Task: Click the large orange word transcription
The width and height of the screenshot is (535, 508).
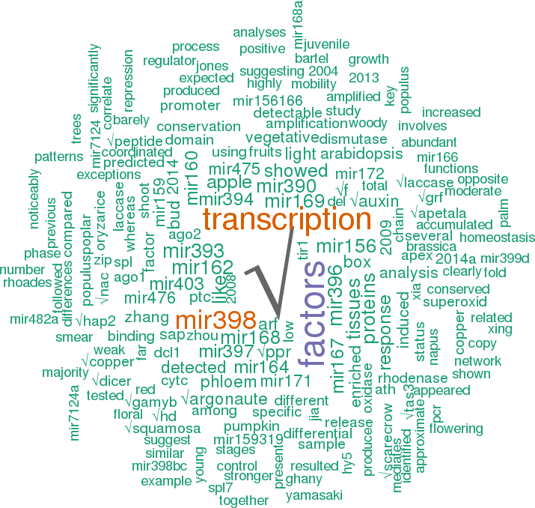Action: point(287,220)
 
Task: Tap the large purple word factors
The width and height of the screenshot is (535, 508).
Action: point(311,315)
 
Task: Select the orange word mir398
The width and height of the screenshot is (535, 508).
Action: point(216,320)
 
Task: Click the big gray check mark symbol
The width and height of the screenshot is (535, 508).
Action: point(272,277)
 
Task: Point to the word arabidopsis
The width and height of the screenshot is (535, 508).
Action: point(351,155)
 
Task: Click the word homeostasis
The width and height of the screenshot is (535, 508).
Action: point(497,238)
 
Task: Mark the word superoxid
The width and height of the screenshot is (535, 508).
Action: point(455,303)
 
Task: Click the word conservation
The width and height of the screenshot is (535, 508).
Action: point(198,127)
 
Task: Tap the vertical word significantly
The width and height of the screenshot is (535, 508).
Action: point(94,77)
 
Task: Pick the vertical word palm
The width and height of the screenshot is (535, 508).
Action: point(505,213)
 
